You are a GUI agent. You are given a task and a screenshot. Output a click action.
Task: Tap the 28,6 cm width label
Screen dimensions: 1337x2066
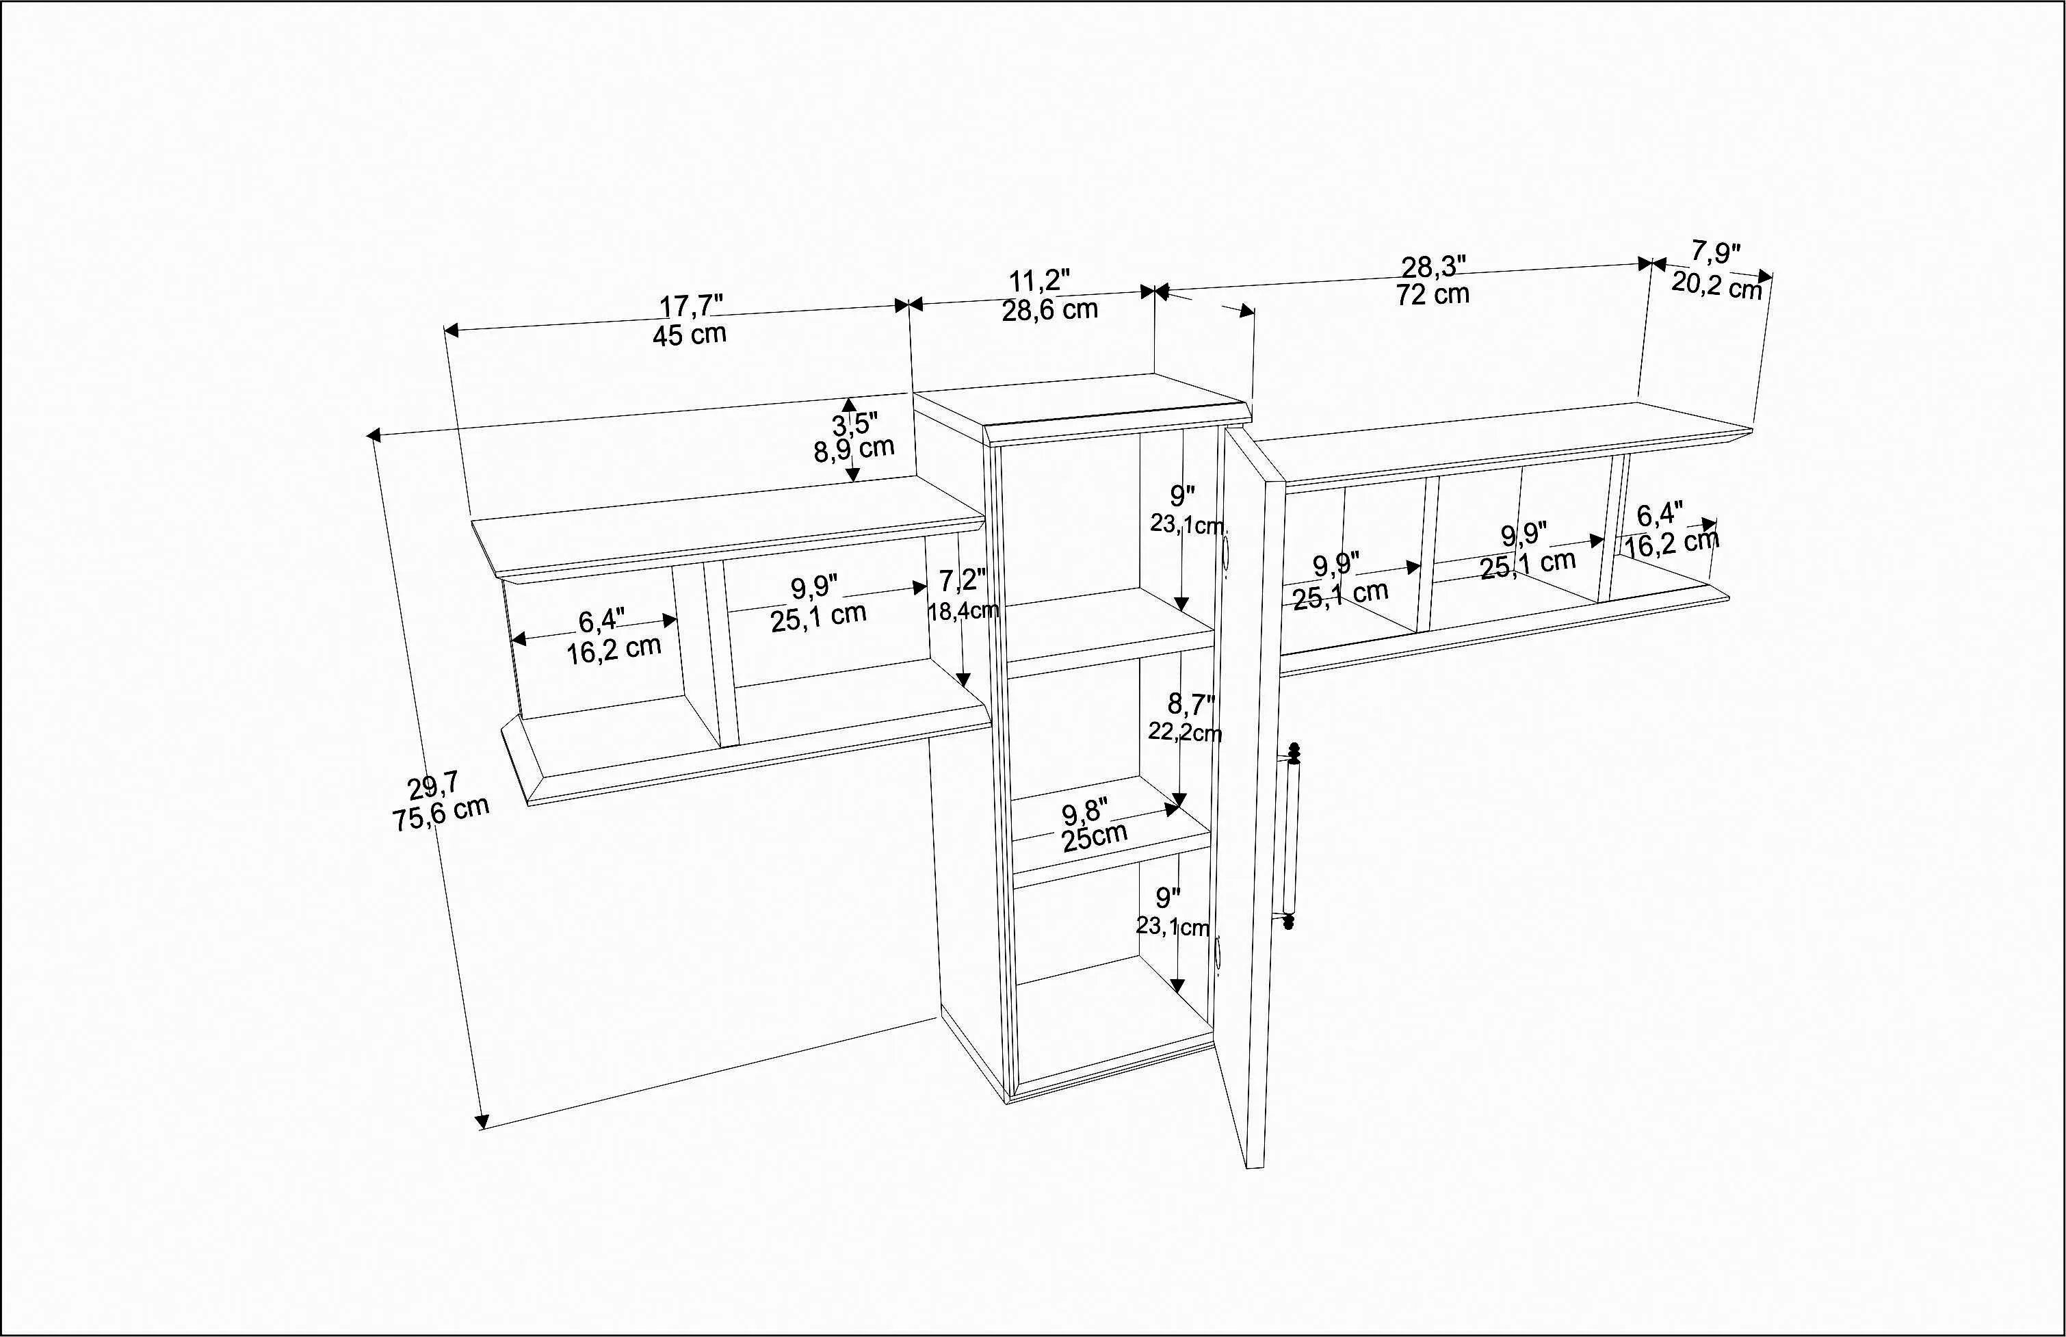tap(1049, 310)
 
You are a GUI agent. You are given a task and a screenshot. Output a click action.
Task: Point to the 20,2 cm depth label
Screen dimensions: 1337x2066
tap(1716, 285)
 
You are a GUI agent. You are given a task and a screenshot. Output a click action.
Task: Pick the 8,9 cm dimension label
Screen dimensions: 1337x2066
tap(853, 450)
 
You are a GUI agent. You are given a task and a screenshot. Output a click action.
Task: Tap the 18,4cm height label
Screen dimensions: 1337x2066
tap(963, 611)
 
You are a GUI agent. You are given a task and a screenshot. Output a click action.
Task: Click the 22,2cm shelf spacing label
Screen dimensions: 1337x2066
tap(1185, 733)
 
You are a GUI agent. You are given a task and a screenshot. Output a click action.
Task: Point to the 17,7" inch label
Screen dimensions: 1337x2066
tap(691, 306)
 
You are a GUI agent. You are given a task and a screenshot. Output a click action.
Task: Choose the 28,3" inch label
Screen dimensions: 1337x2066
tap(1433, 267)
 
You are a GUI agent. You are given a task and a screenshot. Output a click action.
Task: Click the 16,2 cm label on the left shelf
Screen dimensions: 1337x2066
tap(614, 649)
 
